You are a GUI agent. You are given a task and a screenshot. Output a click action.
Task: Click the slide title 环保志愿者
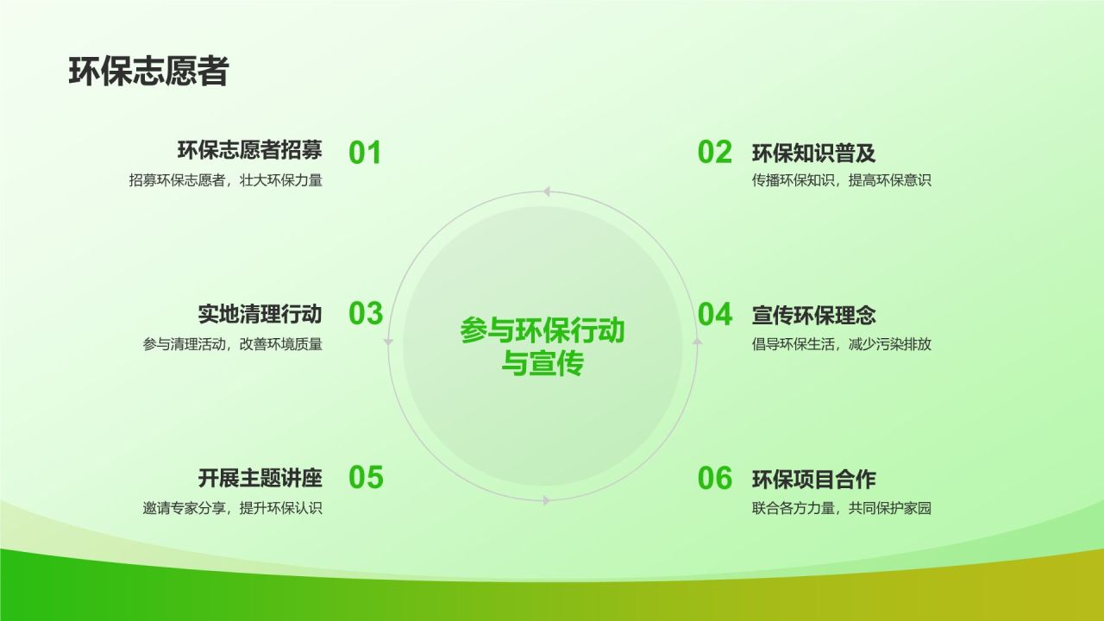[x=148, y=72]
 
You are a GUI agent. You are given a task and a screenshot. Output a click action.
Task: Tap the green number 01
[x=365, y=153]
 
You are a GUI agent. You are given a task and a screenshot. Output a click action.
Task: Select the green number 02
[x=715, y=152]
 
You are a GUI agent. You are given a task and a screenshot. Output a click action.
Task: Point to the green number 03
[x=366, y=313]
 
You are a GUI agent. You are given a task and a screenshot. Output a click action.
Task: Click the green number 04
[x=715, y=315]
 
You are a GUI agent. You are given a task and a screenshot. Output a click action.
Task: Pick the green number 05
[x=366, y=477]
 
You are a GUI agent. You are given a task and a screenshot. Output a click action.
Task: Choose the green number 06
[x=715, y=478]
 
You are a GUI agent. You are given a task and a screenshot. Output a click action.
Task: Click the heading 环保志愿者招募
[x=250, y=150]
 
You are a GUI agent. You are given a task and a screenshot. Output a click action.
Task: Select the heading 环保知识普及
[x=813, y=154]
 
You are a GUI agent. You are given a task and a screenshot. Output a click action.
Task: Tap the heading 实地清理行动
[x=260, y=314]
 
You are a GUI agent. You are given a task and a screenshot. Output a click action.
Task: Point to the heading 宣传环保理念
[x=813, y=316]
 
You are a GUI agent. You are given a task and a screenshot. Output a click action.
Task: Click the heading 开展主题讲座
[x=260, y=478]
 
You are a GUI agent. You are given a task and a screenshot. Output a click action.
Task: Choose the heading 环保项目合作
[x=813, y=479]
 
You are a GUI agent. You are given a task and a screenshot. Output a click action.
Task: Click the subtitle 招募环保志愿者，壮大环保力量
[x=226, y=180]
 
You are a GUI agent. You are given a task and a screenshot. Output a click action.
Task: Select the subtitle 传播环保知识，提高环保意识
[x=841, y=180]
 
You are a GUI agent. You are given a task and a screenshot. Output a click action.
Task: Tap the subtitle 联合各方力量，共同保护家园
[x=841, y=508]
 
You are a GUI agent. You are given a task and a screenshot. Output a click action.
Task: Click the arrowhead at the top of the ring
[x=546, y=191]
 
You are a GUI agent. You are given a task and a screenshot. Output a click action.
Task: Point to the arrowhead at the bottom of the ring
[x=546, y=501]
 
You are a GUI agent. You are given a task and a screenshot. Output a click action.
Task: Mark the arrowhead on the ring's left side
[x=388, y=342]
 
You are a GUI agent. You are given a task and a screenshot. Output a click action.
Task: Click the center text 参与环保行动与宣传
[x=543, y=347]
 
